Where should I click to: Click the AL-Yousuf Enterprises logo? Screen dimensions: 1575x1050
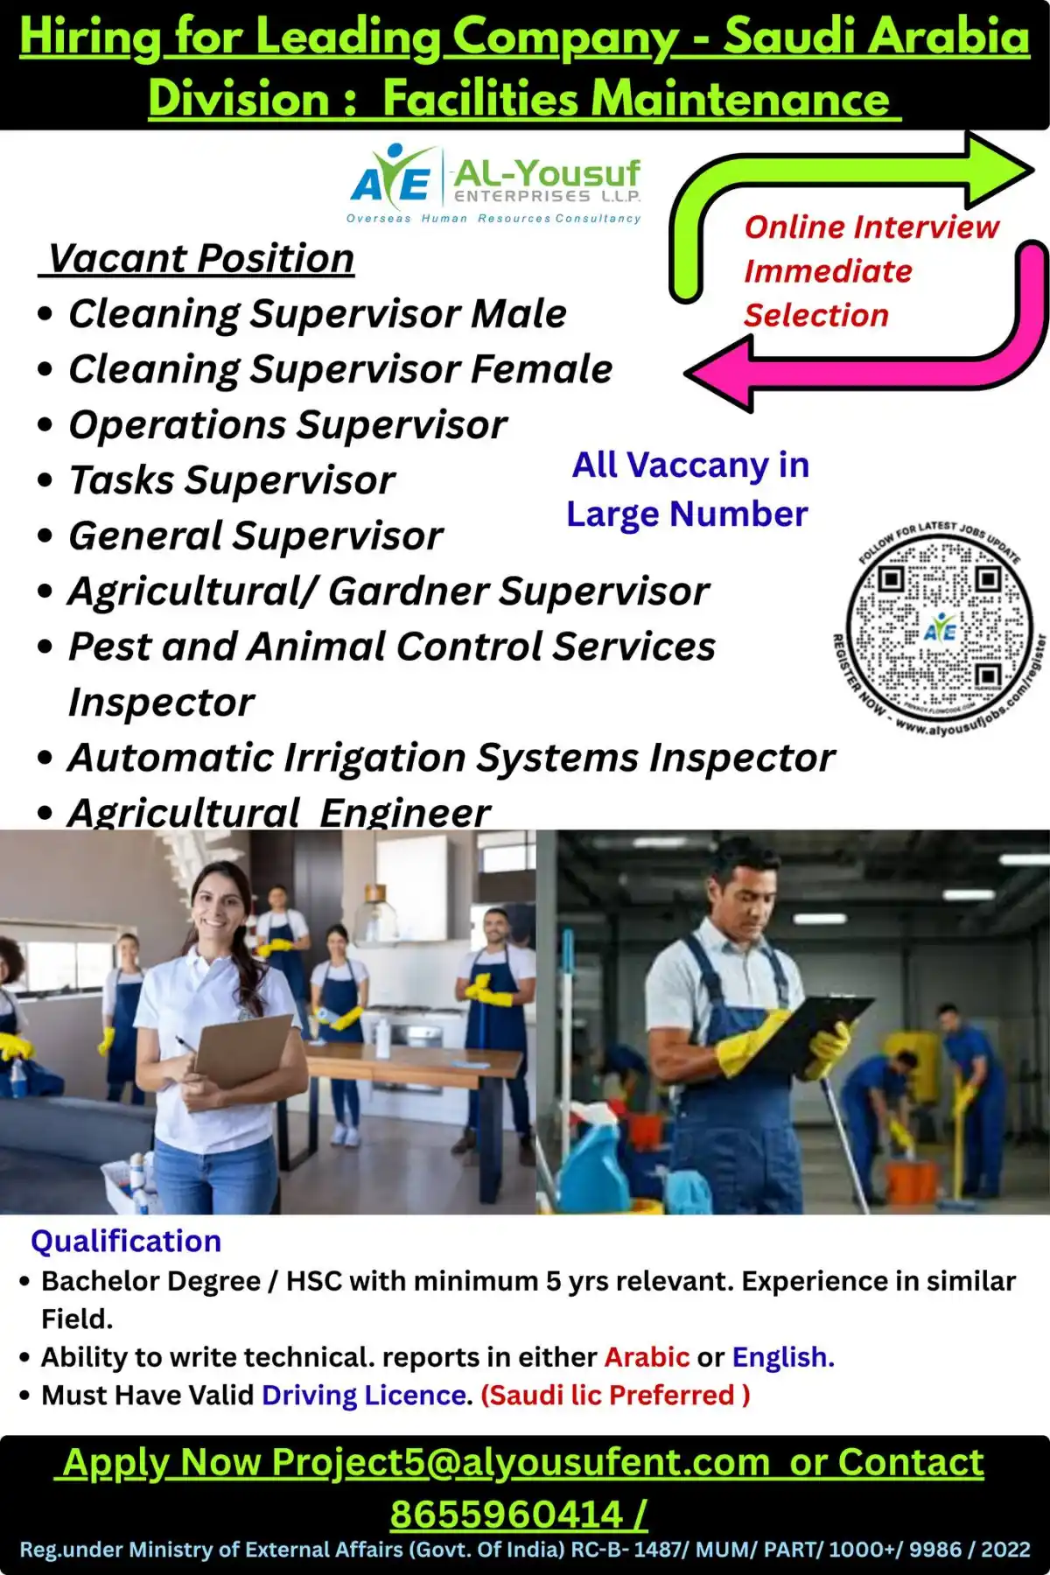coord(495,184)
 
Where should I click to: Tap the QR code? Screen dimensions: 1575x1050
coord(939,628)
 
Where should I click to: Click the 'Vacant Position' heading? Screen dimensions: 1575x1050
coord(200,258)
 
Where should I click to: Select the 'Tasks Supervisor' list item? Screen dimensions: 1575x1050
coord(232,480)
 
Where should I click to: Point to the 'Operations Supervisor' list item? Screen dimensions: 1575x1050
coord(288,425)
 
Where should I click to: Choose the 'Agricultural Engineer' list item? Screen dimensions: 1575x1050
coord(279,812)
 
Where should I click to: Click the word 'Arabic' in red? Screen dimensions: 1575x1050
coord(647,1356)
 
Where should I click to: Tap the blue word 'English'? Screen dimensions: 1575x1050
coord(781,1356)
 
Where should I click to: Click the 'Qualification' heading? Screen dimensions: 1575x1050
coord(126,1241)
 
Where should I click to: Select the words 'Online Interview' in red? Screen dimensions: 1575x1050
coord(871,227)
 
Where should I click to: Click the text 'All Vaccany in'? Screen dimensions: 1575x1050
coord(690,465)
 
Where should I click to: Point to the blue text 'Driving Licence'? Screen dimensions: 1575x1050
coord(363,1395)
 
